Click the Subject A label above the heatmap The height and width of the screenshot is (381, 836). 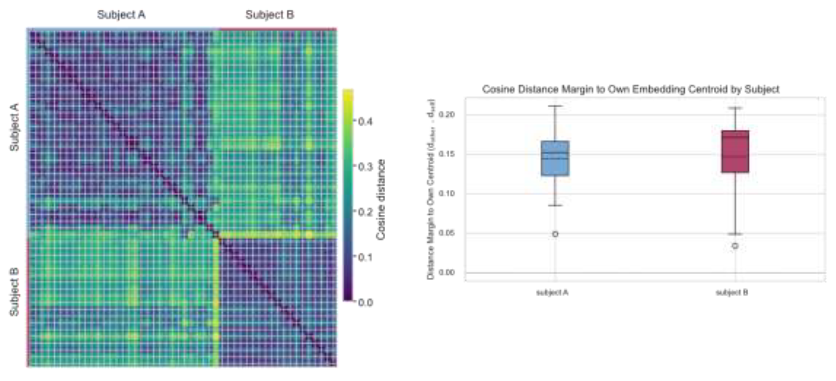point(121,15)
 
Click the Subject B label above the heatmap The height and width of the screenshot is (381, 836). point(269,15)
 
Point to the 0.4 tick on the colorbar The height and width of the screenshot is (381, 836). point(365,122)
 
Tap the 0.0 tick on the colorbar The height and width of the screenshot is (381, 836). point(365,302)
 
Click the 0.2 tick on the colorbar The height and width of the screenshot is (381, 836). point(365,212)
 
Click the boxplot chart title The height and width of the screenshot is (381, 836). point(630,89)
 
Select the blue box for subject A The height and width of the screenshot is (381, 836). point(555,158)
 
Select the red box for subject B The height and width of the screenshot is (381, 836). point(735,151)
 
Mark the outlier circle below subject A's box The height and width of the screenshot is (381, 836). point(555,234)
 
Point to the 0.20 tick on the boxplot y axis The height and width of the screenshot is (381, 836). point(447,114)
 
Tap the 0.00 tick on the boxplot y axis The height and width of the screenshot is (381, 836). point(447,273)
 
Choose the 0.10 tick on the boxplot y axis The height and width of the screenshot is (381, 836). point(447,193)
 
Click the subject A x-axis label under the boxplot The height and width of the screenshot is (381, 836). point(552,293)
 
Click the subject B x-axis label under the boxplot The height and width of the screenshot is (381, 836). point(732,293)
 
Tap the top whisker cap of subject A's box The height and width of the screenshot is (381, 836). point(555,106)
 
